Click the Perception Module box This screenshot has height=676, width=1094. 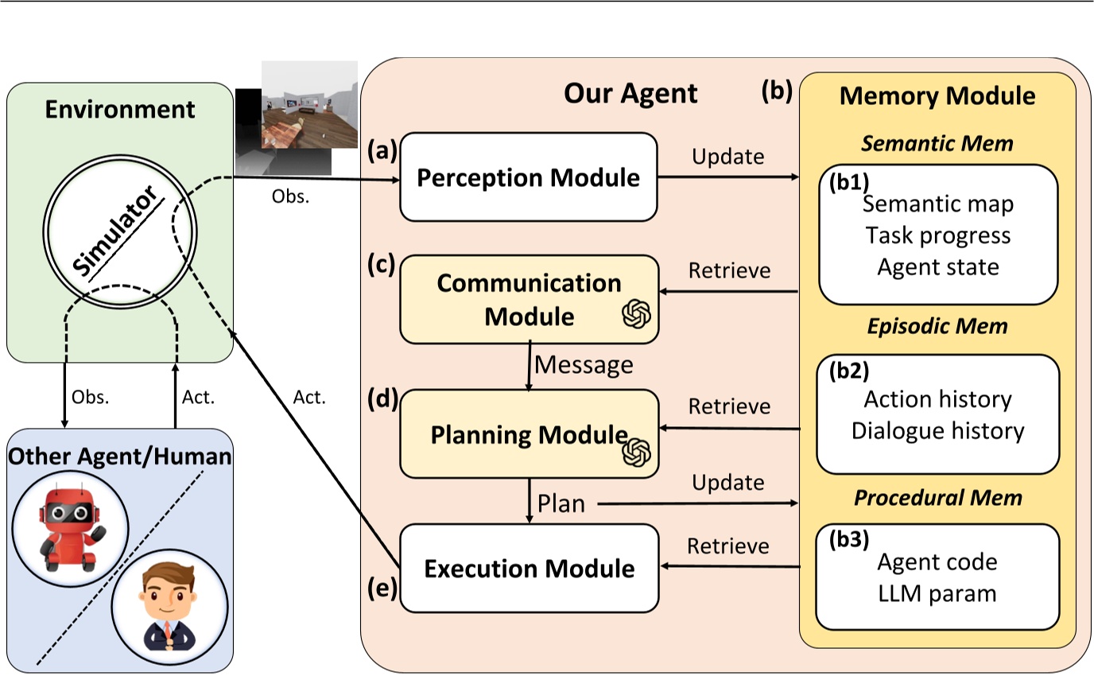528,177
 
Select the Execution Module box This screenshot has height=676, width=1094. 530,569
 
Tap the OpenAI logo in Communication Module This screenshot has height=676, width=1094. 637,315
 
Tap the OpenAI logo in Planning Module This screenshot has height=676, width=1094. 636,452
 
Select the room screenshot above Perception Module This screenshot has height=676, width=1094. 308,105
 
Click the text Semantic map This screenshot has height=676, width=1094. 938,204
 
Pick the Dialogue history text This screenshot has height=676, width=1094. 937,431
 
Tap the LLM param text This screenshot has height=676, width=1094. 937,593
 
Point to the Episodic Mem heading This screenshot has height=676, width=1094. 938,326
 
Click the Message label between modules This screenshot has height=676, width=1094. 584,365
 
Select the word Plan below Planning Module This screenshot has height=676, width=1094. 561,504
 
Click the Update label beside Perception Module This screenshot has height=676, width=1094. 727,157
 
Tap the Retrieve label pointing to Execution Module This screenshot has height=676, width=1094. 728,546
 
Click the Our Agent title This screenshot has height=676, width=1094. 630,94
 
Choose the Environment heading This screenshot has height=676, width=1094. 119,109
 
